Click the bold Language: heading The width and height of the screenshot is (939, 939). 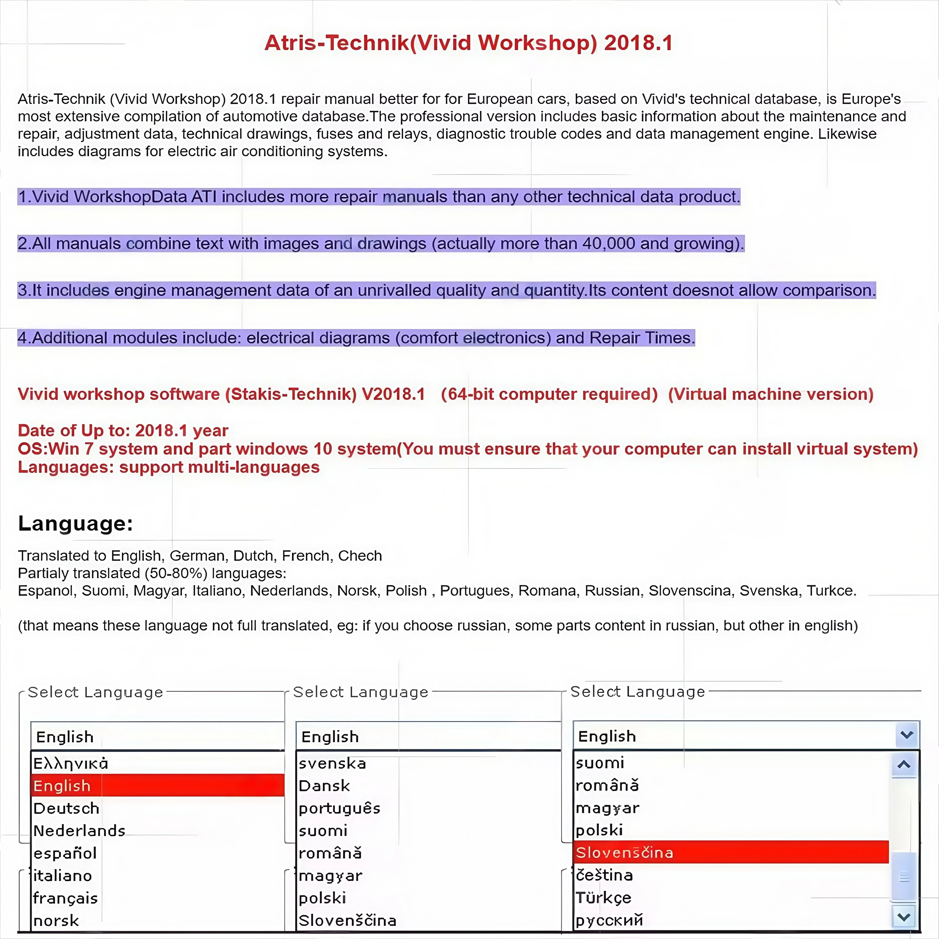tap(75, 524)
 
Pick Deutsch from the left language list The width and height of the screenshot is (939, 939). tap(67, 808)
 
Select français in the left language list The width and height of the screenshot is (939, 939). tap(66, 898)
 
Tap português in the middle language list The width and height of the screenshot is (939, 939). tap(339, 808)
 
